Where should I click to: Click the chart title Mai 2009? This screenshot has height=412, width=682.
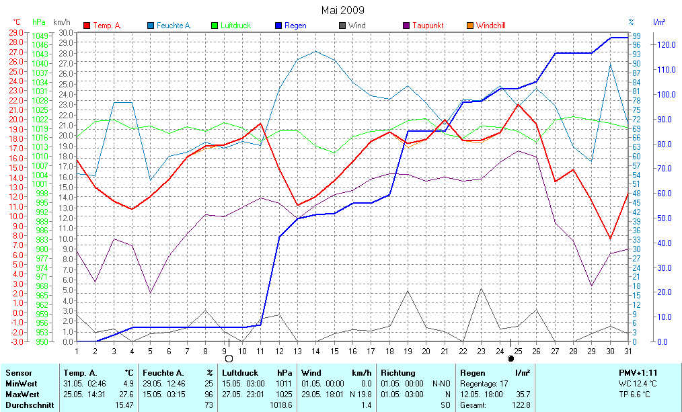(342, 10)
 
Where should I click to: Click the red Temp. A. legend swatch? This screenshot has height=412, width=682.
(87, 26)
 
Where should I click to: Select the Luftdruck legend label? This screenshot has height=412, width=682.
(235, 26)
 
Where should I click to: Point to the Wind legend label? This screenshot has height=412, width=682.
(357, 26)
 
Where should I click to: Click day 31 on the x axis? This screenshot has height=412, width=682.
(628, 350)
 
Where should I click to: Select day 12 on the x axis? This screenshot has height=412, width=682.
(278, 350)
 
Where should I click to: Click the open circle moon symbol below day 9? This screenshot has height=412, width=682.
(229, 358)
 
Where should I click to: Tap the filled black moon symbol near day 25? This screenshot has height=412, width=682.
(510, 358)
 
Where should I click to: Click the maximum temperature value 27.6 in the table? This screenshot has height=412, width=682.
(127, 394)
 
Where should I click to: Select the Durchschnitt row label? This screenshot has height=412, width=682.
(30, 405)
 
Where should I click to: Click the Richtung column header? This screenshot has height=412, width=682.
(397, 373)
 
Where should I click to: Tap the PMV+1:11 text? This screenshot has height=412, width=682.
(638, 373)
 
